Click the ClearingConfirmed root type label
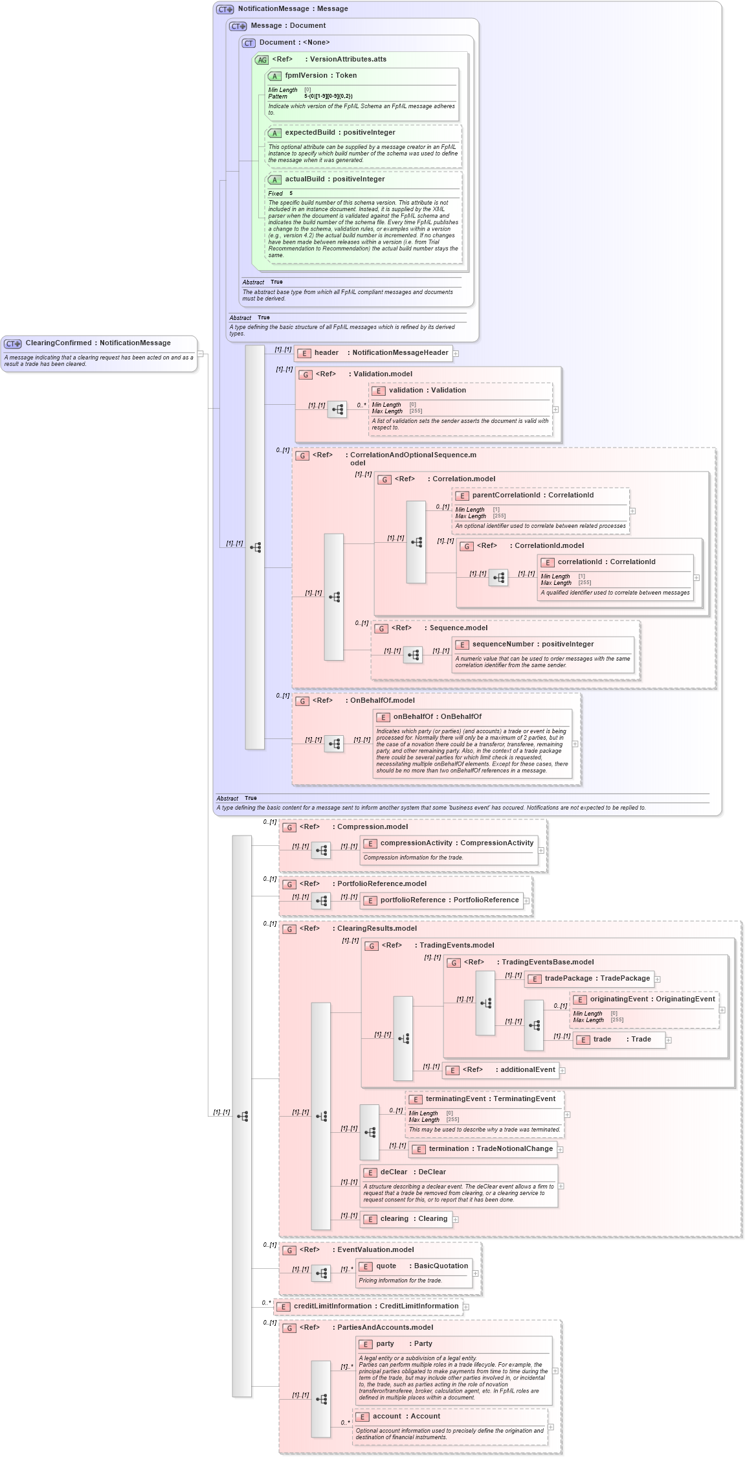(98, 343)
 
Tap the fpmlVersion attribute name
(320, 76)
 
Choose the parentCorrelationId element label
(532, 495)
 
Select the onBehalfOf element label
(437, 717)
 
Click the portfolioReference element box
(441, 900)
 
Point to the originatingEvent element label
(652, 999)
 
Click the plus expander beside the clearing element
(456, 1220)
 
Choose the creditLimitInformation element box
(368, 1306)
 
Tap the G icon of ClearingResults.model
(289, 929)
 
